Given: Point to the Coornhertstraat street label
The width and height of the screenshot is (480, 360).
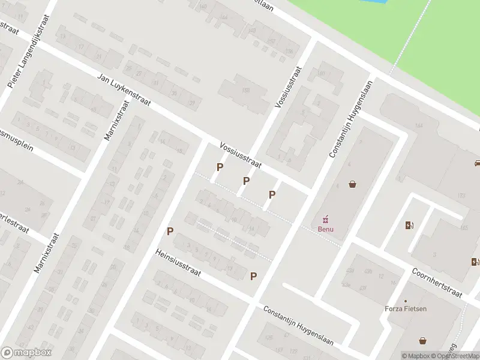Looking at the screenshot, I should tap(436, 283).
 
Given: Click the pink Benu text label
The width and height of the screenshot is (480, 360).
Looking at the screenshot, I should tap(325, 229).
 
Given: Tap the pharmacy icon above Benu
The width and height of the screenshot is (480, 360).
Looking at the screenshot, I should tap(326, 218).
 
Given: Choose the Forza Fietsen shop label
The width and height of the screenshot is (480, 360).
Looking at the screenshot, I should tap(406, 309).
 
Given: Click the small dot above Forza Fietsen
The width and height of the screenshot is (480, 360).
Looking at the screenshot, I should tap(406, 301).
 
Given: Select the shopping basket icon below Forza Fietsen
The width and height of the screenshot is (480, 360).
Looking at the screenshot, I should tap(424, 340).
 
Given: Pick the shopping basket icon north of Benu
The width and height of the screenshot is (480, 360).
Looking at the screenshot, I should tap(352, 184).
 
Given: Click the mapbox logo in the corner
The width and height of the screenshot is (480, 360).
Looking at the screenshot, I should tap(27, 353).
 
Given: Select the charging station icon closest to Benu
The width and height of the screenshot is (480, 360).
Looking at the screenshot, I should tap(410, 226).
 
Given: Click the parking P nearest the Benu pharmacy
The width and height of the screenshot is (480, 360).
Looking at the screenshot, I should tap(272, 194).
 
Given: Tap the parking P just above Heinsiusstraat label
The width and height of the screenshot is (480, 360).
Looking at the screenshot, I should tap(170, 231).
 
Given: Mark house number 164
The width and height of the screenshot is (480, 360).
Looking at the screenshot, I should tap(419, 125).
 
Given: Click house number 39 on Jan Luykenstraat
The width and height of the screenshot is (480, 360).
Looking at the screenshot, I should tap(173, 94).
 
